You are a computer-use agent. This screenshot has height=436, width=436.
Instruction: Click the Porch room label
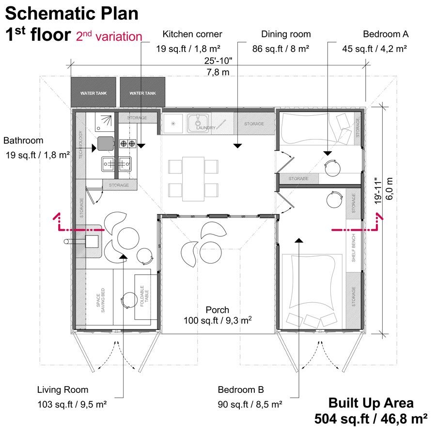(x=218, y=310)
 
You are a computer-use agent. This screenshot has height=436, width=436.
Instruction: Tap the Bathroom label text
(x=23, y=141)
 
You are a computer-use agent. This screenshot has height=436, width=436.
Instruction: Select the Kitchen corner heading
(x=192, y=34)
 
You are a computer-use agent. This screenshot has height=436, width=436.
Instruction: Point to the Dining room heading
(x=286, y=34)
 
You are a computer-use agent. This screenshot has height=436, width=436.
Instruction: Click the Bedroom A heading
(x=386, y=34)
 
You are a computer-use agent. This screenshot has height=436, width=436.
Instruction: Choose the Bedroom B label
(x=241, y=389)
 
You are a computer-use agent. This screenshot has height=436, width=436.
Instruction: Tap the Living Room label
(x=63, y=389)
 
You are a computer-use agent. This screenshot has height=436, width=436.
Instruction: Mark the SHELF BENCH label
(x=354, y=248)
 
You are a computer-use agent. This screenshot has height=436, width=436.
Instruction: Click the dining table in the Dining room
(x=193, y=178)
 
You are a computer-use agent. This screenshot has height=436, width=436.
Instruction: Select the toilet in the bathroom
(x=105, y=143)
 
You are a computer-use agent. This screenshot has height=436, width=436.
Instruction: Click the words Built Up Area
(x=371, y=403)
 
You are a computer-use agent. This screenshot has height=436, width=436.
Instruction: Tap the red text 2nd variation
(x=109, y=37)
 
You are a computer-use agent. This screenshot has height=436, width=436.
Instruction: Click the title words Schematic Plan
(x=72, y=13)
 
